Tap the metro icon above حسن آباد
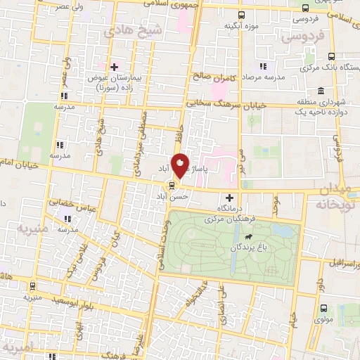[x=170, y=186]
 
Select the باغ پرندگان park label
[x=242, y=249]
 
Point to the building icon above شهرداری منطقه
[x=321, y=91]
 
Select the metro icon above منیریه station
[x=33, y=285]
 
